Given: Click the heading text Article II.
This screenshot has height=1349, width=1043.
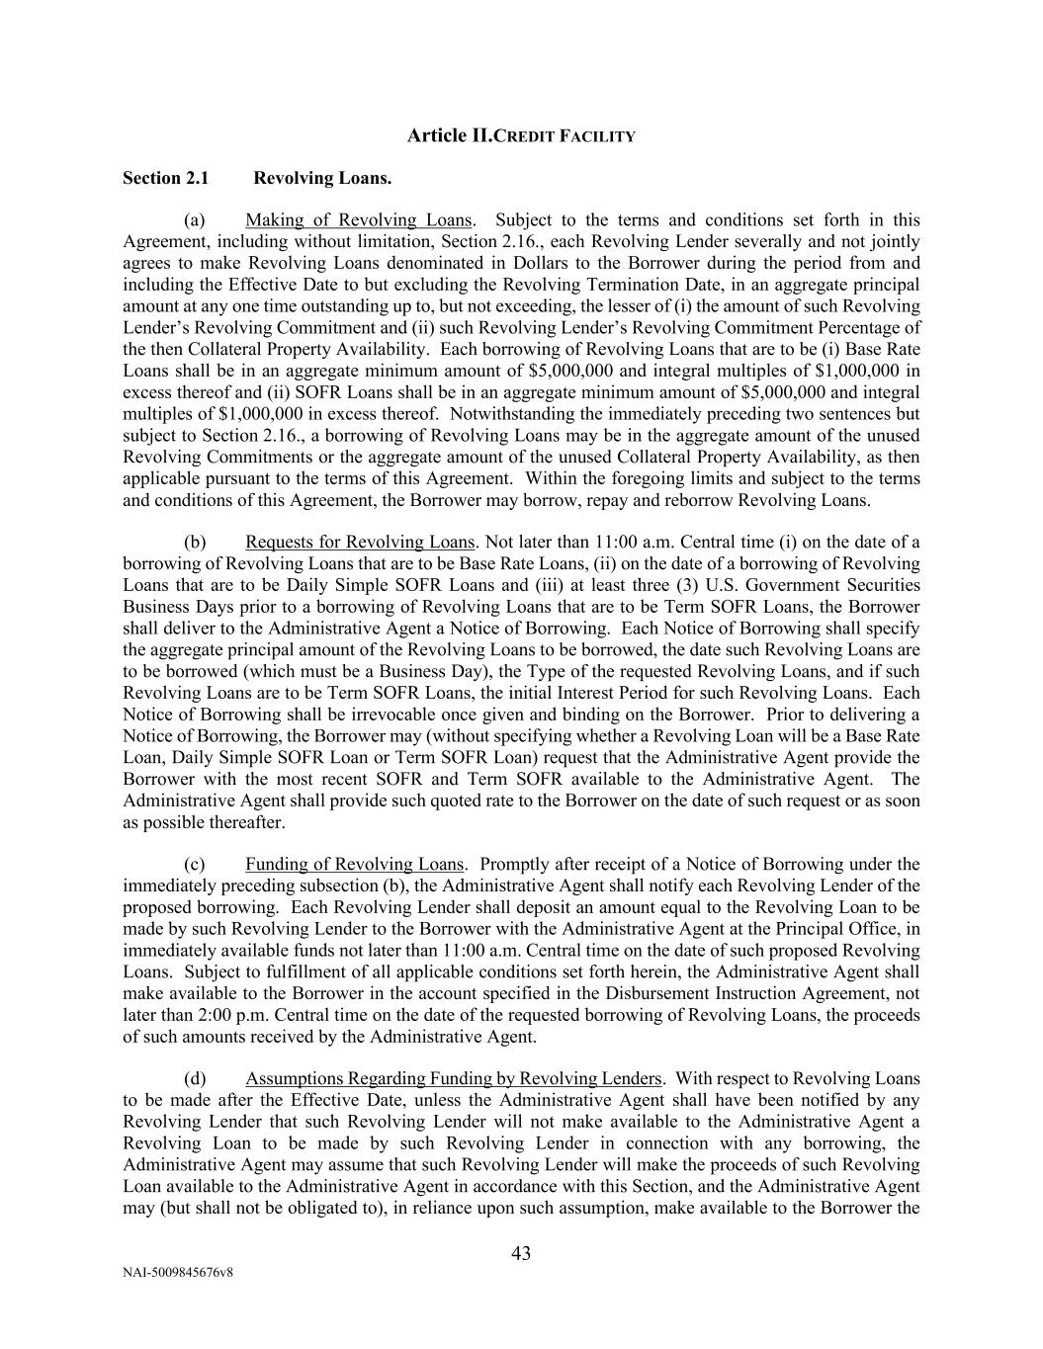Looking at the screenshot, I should pos(449,135).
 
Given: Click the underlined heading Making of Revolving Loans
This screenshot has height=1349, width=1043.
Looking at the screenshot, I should pos(358,219).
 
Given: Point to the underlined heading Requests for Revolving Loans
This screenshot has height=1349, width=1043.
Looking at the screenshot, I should pos(360,542).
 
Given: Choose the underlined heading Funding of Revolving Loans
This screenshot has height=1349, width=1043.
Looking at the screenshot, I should pos(354,864).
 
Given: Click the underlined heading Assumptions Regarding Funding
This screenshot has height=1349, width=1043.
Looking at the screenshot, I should pos(453,1078).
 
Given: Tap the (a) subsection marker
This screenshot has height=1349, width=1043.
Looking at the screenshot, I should pos(195,219).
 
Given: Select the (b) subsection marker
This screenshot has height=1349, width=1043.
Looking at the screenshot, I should pos(195,542).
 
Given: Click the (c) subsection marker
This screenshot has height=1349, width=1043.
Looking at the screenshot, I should pos(195,864).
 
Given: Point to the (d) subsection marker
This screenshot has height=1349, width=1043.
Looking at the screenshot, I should pos(195,1078).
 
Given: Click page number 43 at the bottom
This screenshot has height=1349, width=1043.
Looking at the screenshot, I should pos(521,1253).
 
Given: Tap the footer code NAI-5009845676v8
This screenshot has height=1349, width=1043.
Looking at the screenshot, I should pos(178,1273).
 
